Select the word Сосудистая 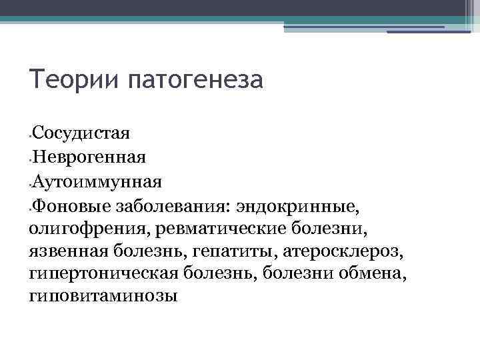pyautogui.click(x=81, y=132)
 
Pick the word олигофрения pyautogui.click(x=91, y=229)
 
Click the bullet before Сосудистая pyautogui.click(x=30, y=135)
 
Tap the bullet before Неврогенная pyautogui.click(x=30, y=159)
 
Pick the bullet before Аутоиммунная pyautogui.click(x=30, y=183)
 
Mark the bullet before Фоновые pyautogui.click(x=30, y=207)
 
